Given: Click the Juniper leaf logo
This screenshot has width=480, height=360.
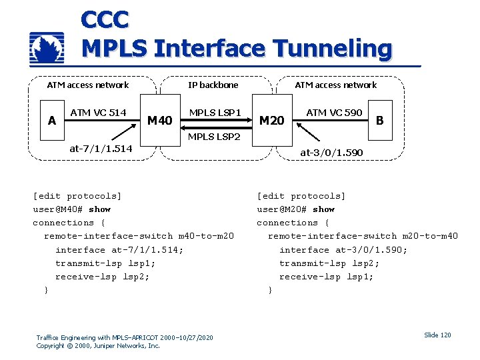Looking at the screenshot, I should point(47,48).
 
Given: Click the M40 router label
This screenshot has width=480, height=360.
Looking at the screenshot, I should point(159,121).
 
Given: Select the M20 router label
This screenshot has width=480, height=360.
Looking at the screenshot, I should point(271,121).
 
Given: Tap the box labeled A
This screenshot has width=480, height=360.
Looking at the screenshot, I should point(52,121).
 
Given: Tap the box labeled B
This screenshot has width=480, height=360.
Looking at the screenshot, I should point(380,121).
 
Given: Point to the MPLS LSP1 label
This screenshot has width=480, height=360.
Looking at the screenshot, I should point(215,112).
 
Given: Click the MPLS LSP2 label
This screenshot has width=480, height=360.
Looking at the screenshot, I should point(215,137).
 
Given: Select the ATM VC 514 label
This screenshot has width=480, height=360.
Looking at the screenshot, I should point(98,113).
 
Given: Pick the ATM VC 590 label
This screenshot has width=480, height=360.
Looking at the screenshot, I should point(334,113).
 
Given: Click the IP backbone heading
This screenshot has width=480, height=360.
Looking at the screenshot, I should point(213,85).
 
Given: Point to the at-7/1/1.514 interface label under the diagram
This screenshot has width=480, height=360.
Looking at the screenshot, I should point(101,148).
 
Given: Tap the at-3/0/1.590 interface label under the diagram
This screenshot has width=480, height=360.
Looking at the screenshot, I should point(331,153).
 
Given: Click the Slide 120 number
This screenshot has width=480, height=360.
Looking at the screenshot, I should point(437,335).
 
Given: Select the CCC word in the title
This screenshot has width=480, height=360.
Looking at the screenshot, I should point(105,19).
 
